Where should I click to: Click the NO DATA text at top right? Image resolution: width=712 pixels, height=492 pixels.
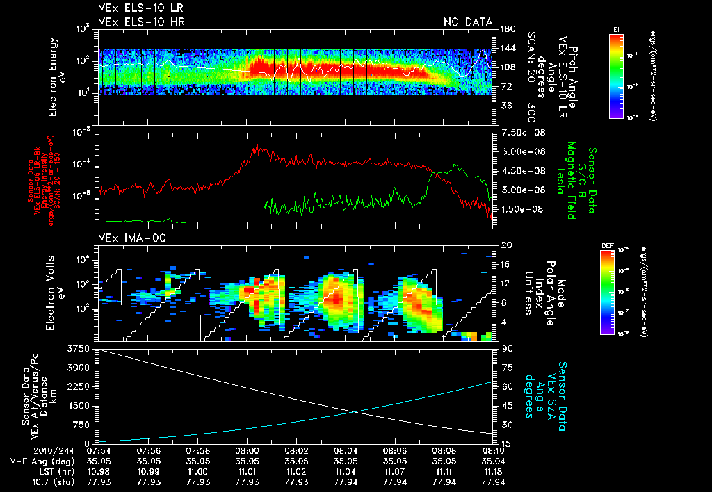coord(468,22)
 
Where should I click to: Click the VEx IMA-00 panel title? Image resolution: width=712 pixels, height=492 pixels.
coord(127,238)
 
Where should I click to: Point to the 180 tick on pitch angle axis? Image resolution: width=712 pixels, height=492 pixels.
coord(505,28)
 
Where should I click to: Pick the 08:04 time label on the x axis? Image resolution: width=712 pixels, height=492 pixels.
coord(346,450)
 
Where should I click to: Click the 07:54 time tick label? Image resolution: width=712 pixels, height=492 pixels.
coord(99,450)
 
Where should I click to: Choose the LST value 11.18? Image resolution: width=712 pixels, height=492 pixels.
coord(494,471)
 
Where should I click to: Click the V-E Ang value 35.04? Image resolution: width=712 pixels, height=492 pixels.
coord(494,461)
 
